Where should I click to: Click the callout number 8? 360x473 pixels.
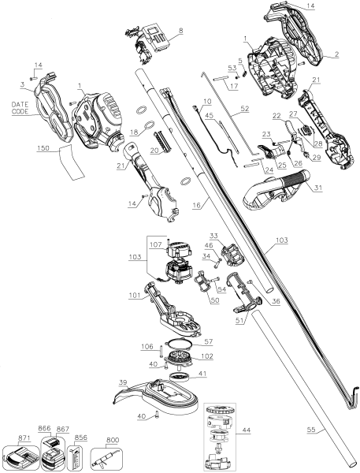pyautogui.click(x=180, y=31)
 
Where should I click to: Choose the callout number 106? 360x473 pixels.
pyautogui.click(x=147, y=345)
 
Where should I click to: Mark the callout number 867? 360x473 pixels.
pyautogui.click(x=62, y=429)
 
